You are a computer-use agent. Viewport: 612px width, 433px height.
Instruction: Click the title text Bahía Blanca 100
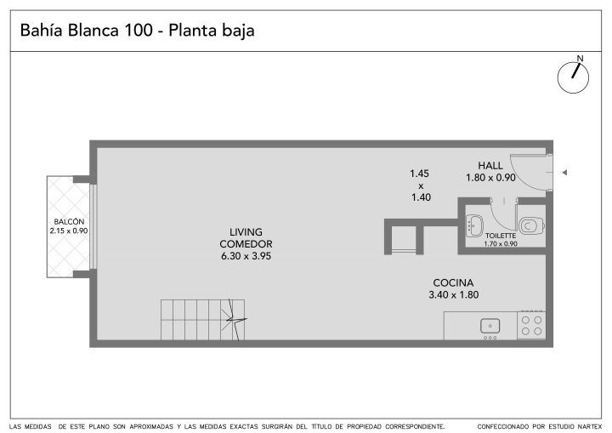tap(86, 30)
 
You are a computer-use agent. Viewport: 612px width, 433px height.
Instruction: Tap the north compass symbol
tap(573, 77)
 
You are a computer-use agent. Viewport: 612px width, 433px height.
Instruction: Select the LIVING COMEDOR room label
tap(246, 238)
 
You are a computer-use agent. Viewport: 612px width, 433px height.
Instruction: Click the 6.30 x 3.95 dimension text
tap(246, 256)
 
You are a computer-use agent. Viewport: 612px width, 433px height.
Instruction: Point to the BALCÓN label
tap(69, 221)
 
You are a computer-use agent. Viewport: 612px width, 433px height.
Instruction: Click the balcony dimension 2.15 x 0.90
tap(69, 231)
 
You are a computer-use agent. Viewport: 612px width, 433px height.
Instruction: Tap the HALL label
tap(490, 166)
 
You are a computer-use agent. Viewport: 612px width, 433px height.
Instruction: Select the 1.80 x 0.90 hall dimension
tap(490, 178)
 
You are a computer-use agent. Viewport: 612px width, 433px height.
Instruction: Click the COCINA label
tap(453, 282)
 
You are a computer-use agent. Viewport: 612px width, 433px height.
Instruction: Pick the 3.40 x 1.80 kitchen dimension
tap(454, 295)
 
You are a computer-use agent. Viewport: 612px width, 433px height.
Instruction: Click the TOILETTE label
tap(501, 236)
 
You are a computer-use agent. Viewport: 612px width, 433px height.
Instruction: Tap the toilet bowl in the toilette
tap(531, 225)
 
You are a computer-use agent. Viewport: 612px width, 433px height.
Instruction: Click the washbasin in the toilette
tap(474, 225)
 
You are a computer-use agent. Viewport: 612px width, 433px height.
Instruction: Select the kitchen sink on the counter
tap(490, 326)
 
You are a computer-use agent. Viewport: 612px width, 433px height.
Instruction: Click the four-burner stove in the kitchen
tap(531, 326)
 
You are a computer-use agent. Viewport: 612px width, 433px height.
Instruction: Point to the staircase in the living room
tap(203, 320)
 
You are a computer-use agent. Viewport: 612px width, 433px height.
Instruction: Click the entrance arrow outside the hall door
tap(564, 173)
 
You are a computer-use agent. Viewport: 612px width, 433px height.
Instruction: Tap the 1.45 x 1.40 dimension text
tap(420, 185)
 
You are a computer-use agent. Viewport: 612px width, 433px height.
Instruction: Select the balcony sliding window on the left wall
tap(93, 226)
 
